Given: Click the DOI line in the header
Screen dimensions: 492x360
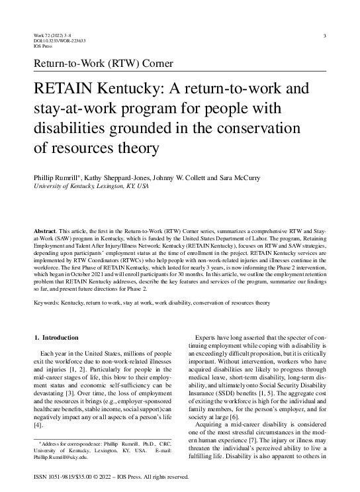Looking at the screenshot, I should coord(59,41).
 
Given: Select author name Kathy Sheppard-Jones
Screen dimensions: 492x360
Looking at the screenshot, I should coord(114,177).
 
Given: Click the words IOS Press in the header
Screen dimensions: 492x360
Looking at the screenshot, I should coord(42,47).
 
